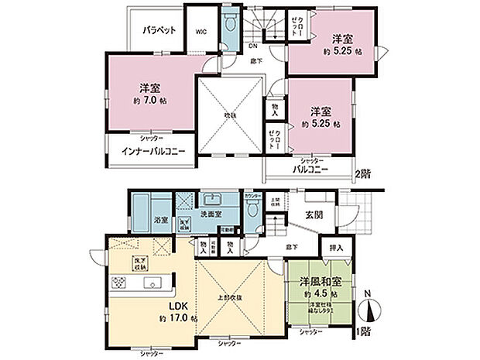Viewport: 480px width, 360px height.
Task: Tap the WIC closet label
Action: (201, 31)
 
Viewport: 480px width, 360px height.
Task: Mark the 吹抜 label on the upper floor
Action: (230, 115)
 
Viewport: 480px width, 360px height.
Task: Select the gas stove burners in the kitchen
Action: (122, 282)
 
